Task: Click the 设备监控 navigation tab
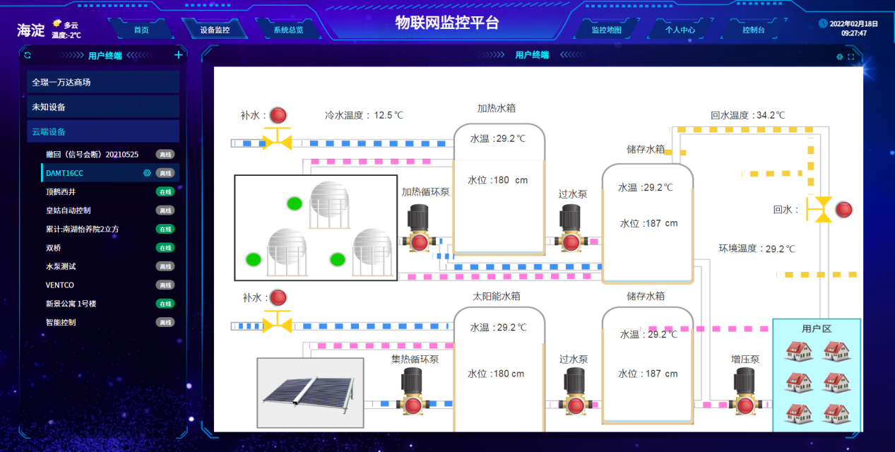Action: click(x=215, y=30)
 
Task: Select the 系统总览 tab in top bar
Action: click(x=288, y=30)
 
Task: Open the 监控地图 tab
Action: click(x=606, y=30)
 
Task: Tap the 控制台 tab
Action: click(x=754, y=30)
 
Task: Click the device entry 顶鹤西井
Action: click(x=61, y=191)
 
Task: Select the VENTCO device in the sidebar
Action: click(x=60, y=285)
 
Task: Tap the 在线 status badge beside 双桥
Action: click(x=165, y=248)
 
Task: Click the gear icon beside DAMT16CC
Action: click(x=147, y=173)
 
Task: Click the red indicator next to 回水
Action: click(x=843, y=210)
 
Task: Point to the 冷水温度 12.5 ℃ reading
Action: click(x=364, y=115)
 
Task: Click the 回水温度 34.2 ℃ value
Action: click(x=747, y=115)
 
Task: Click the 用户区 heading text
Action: click(x=817, y=329)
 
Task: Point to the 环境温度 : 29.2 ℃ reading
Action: click(x=757, y=249)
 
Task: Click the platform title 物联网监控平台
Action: click(x=447, y=23)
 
